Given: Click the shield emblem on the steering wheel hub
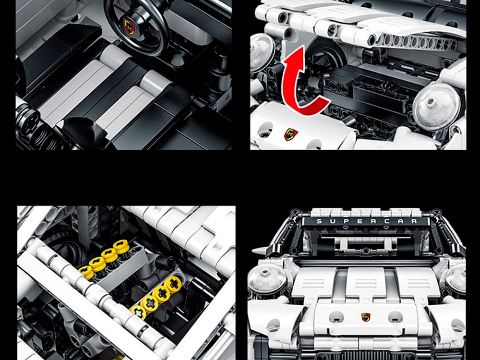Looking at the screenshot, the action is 129,26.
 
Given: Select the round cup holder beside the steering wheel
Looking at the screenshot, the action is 179,58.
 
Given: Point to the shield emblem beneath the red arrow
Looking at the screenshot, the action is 291,134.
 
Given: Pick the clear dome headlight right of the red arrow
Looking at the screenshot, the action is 436,106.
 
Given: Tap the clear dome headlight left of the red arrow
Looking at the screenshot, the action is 262,52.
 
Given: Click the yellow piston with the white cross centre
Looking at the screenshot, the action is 139,312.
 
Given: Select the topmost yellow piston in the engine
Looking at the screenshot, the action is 121,246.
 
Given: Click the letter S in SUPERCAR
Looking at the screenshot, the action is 319,221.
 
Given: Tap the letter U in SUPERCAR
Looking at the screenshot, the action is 333,221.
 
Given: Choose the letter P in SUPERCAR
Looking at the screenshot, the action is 347,221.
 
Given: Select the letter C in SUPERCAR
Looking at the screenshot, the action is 387,221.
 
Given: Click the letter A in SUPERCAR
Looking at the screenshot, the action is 400,221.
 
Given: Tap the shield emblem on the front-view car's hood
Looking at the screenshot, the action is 365,317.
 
